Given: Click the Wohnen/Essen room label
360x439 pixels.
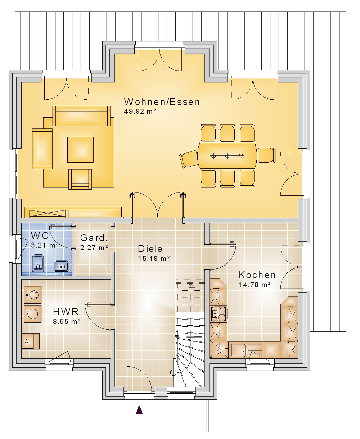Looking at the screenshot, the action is tap(162, 102).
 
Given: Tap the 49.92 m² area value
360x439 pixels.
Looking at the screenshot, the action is tap(140, 111).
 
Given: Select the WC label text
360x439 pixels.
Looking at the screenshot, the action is tap(40, 235).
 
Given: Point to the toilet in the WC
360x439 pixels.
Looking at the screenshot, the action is tap(38, 263).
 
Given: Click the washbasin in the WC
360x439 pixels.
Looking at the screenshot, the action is tap(61, 266).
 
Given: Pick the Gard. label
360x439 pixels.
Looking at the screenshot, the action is tap(94, 238).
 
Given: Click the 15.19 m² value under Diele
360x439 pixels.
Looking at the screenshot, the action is tap(154, 258).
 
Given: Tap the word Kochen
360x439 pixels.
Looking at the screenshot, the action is tap(257, 275).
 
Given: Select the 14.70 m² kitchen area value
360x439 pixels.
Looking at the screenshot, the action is tap(255, 285).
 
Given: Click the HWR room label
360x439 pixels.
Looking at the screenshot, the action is tap(66, 312).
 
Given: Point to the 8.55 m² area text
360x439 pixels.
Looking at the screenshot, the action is tap(67, 321).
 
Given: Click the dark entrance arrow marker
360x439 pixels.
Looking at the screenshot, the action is tap(139, 410).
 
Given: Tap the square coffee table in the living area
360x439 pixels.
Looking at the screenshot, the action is tap(80, 149).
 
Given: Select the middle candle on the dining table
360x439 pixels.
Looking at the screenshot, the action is tap(227, 155).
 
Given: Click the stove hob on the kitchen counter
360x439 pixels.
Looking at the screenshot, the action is tap(219, 314).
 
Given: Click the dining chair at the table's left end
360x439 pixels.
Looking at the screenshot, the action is tap(189, 159).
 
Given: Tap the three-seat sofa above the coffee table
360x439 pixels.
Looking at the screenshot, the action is tap(81, 116).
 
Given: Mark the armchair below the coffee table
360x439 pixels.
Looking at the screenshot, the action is tap(80, 179).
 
